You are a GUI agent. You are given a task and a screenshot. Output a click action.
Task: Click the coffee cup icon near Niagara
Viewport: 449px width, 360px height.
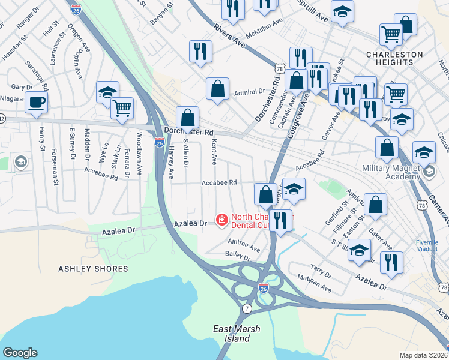(37, 101)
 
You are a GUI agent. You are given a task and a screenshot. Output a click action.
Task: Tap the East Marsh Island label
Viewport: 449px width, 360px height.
(231, 334)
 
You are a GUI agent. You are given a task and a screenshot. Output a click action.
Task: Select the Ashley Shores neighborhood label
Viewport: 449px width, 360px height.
(93, 269)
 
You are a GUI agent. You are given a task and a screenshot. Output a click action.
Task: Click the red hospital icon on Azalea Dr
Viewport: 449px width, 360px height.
(221, 221)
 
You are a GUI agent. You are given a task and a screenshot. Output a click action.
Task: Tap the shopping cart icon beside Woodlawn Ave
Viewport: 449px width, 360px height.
(122, 109)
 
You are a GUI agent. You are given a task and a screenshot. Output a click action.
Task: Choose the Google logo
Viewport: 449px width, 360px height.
(20, 353)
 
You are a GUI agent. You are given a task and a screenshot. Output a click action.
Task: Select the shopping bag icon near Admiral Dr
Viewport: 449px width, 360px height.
(217, 89)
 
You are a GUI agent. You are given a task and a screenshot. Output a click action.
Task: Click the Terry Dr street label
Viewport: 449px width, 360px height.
(321, 271)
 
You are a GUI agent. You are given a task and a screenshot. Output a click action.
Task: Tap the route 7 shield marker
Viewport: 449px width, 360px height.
(247, 308)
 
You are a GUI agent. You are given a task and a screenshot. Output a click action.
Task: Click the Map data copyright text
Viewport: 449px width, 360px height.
(423, 355)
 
